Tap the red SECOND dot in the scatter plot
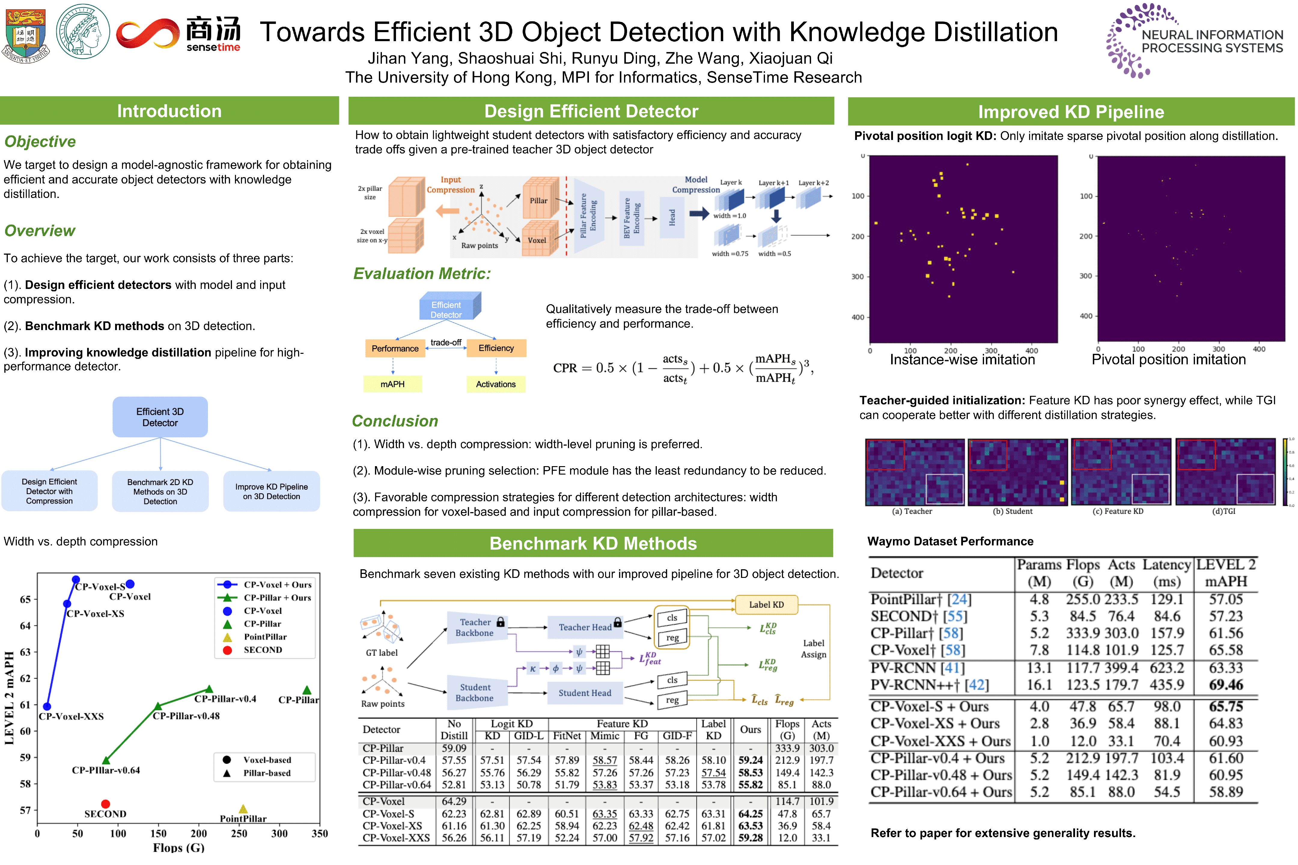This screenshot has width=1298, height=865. [x=105, y=804]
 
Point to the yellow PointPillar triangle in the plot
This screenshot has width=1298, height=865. [x=243, y=809]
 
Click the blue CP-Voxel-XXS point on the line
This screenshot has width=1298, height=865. [x=47, y=706]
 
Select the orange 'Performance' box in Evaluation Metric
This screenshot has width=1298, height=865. [x=395, y=348]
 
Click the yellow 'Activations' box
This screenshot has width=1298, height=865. [x=495, y=384]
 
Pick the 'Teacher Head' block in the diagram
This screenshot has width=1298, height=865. [x=585, y=627]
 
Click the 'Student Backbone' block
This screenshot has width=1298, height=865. [x=475, y=692]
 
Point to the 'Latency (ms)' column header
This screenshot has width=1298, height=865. [x=1166, y=573]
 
